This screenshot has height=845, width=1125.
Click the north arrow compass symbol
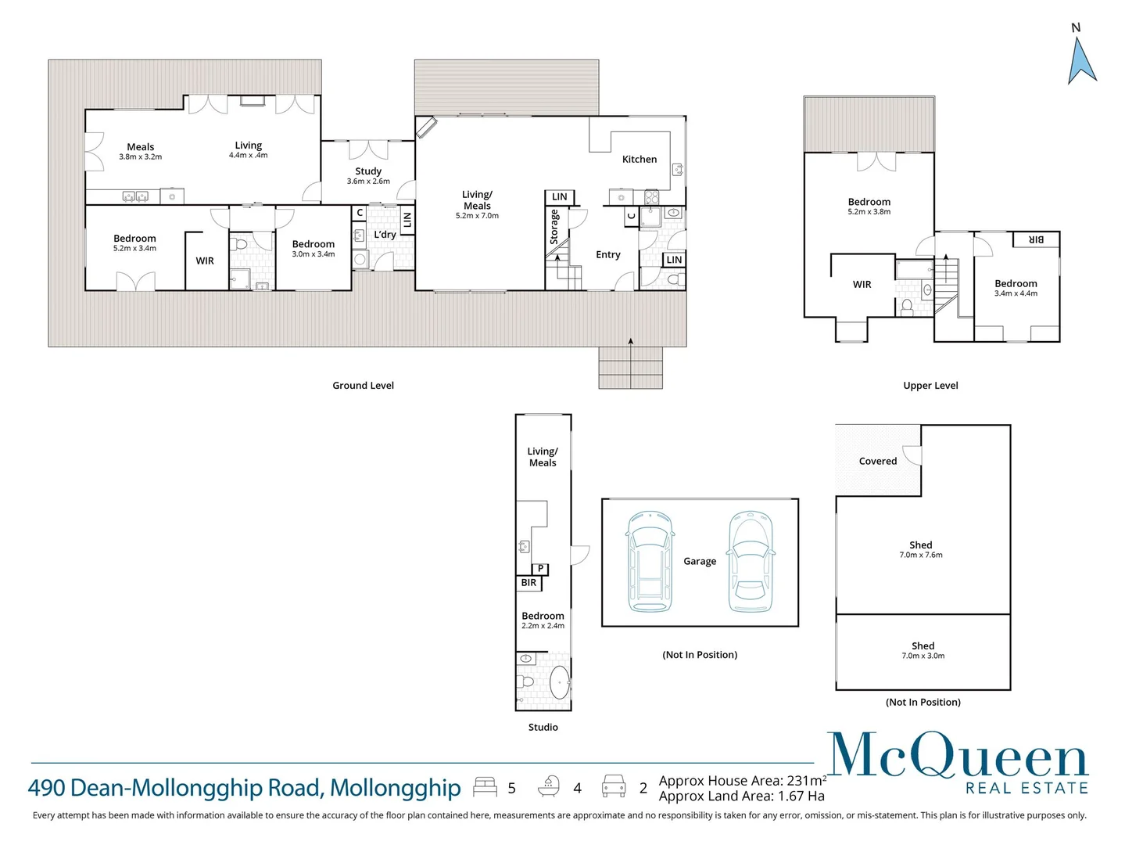tap(1081, 59)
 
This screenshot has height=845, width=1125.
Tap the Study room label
tap(368, 171)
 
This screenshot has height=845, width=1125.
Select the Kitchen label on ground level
tap(639, 160)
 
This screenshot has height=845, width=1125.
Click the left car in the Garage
tap(650, 562)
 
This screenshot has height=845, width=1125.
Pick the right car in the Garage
tap(750, 562)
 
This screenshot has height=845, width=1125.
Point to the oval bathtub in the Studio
tap(560, 682)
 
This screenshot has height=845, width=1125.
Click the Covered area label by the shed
tap(877, 462)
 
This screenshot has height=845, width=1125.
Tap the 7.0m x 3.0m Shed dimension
tap(923, 656)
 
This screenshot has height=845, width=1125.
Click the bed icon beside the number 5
tap(485, 787)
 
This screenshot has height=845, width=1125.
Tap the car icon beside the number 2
tap(614, 786)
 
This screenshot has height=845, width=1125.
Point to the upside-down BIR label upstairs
tap(1035, 239)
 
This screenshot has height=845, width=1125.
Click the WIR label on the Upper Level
tap(862, 285)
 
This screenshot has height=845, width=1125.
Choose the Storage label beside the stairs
tap(554, 227)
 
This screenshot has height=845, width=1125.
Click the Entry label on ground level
tap(607, 255)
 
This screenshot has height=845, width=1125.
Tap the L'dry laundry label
tap(385, 235)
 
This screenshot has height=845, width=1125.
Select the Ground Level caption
tap(363, 386)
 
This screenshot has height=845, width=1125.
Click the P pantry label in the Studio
tap(540, 569)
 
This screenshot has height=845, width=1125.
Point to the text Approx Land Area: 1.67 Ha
tap(741, 796)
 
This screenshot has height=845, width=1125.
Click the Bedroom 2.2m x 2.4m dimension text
tap(543, 626)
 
